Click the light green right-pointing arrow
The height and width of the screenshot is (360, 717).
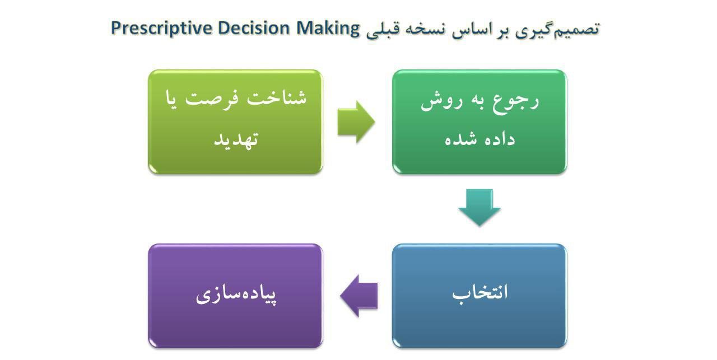pyautogui.click(x=356, y=121)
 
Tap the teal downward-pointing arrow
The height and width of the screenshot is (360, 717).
pyautogui.click(x=479, y=208)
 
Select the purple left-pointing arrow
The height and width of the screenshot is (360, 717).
pyautogui.click(x=359, y=296)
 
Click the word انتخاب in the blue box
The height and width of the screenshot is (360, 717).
pyautogui.click(x=480, y=293)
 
